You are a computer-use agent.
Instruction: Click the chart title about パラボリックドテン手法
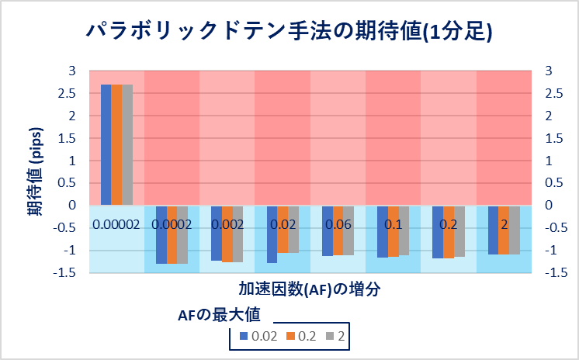click(x=289, y=33)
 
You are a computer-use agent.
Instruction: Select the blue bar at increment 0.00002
click(x=106, y=144)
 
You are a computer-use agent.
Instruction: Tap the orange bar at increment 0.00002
click(x=116, y=144)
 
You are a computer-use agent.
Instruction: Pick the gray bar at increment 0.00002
click(x=127, y=144)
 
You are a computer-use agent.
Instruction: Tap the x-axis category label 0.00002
click(x=116, y=225)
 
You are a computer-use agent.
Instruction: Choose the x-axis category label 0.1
click(x=393, y=225)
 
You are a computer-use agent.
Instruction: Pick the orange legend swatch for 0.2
click(x=291, y=337)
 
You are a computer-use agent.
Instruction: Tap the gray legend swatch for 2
click(x=330, y=337)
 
